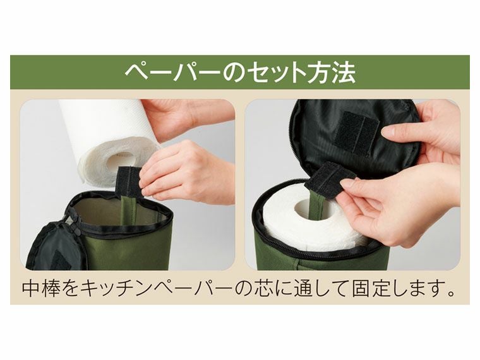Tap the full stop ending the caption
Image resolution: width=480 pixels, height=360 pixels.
(x=452, y=292)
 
